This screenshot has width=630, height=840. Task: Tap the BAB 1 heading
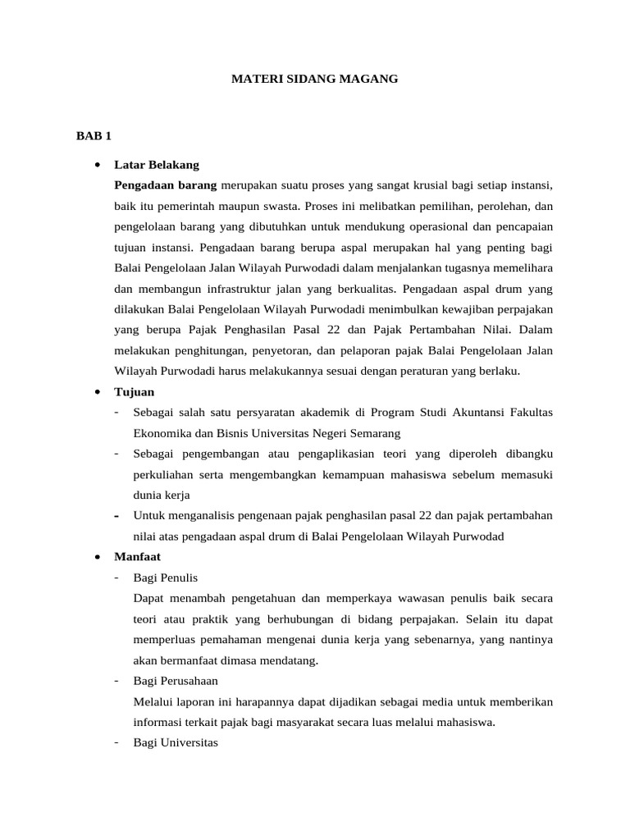94,135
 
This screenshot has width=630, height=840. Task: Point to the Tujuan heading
135,391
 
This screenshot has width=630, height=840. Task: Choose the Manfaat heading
138,556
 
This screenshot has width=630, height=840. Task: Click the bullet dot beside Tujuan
98,391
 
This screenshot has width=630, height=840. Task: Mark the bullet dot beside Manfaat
98,556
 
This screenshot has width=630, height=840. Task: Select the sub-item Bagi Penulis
165,577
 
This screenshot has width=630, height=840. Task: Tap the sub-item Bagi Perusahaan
175,681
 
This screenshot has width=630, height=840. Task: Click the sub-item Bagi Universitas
175,743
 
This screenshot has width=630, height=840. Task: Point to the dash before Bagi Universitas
118,743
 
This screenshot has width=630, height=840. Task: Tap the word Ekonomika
161,432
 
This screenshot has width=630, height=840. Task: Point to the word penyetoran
277,350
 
